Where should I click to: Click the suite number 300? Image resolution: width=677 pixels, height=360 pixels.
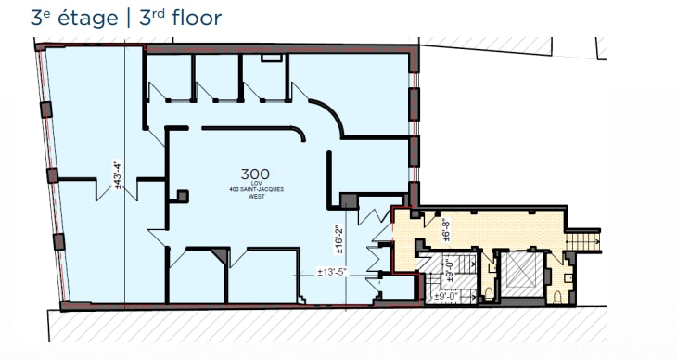[x=255, y=174]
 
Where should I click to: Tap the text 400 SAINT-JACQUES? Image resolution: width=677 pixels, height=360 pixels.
[x=255, y=190]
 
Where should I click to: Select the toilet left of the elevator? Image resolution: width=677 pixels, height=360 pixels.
[x=490, y=295]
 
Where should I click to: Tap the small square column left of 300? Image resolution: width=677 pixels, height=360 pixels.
[x=183, y=196]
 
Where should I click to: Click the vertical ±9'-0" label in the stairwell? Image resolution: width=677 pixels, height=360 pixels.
[x=448, y=273]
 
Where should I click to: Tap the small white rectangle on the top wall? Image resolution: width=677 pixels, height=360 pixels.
[x=270, y=58]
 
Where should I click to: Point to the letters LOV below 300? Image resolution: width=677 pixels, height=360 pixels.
[x=255, y=184]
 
